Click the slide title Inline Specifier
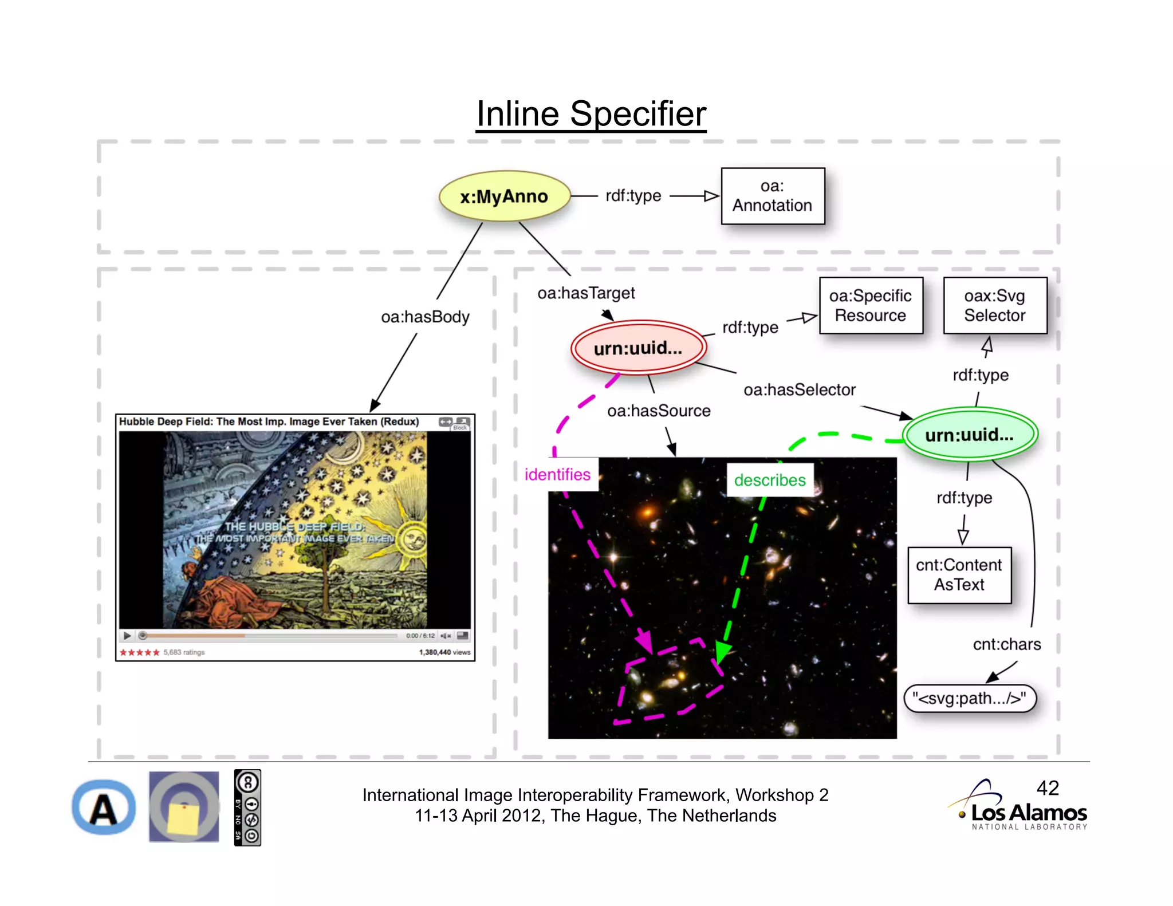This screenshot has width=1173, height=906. tap(591, 114)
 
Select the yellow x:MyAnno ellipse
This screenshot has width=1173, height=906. tap(504, 196)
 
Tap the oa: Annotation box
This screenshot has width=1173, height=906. tap(772, 196)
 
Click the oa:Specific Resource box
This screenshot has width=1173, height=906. tap(871, 305)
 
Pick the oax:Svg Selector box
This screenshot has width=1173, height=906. tap(994, 305)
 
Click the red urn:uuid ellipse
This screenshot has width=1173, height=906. tap(638, 348)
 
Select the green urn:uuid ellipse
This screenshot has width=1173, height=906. tap(969, 435)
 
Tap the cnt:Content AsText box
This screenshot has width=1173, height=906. tap(959, 575)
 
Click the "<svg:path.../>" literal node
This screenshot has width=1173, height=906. tap(969, 699)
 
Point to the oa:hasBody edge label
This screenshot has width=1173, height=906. tap(425, 317)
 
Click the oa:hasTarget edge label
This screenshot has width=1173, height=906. tap(586, 293)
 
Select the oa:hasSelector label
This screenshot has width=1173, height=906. tap(799, 390)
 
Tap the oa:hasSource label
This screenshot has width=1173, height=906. tap(659, 411)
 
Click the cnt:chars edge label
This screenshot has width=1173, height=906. tap(1006, 644)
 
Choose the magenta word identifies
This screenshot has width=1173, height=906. tap(557, 475)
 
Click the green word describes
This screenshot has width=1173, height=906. tap(769, 480)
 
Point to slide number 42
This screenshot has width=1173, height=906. tap(1048, 788)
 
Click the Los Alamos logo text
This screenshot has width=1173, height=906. tap(1029, 813)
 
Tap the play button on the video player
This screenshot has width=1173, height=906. tap(127, 636)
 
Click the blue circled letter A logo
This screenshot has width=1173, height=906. tap(104, 808)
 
